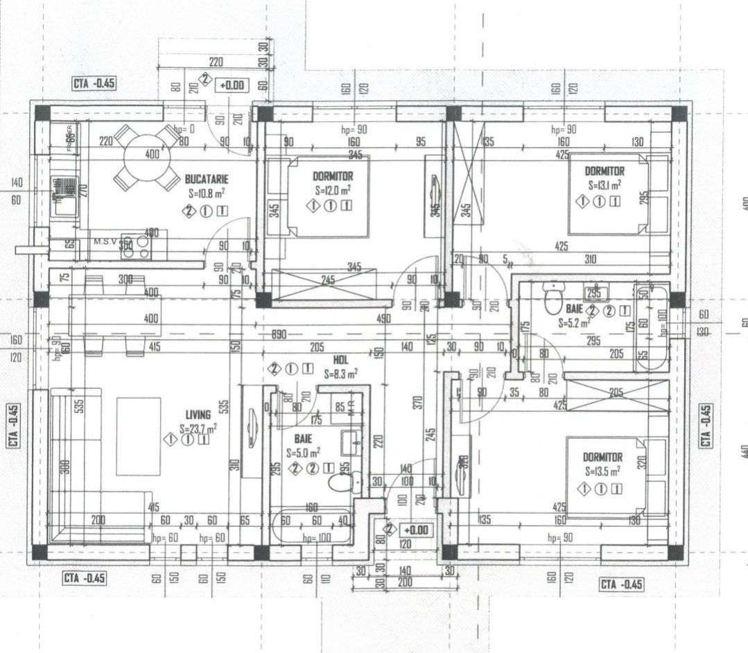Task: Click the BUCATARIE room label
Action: pyautogui.click(x=206, y=179)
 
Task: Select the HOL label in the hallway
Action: pyautogui.click(x=340, y=360)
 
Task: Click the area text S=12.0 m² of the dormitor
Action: pyautogui.click(x=332, y=189)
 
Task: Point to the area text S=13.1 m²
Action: pyautogui.click(x=604, y=185)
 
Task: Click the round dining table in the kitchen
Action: pyautogui.click(x=147, y=157)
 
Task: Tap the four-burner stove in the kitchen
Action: pyautogui.click(x=137, y=245)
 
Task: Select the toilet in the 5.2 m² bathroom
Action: pyautogui.click(x=553, y=300)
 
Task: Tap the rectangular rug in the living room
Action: pyautogui.click(x=139, y=426)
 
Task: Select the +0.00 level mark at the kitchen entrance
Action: pyautogui.click(x=232, y=85)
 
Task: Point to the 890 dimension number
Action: pyautogui.click(x=279, y=334)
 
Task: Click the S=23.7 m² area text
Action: pyautogui.click(x=198, y=428)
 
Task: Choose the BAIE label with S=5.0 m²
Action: pyautogui.click(x=302, y=439)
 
